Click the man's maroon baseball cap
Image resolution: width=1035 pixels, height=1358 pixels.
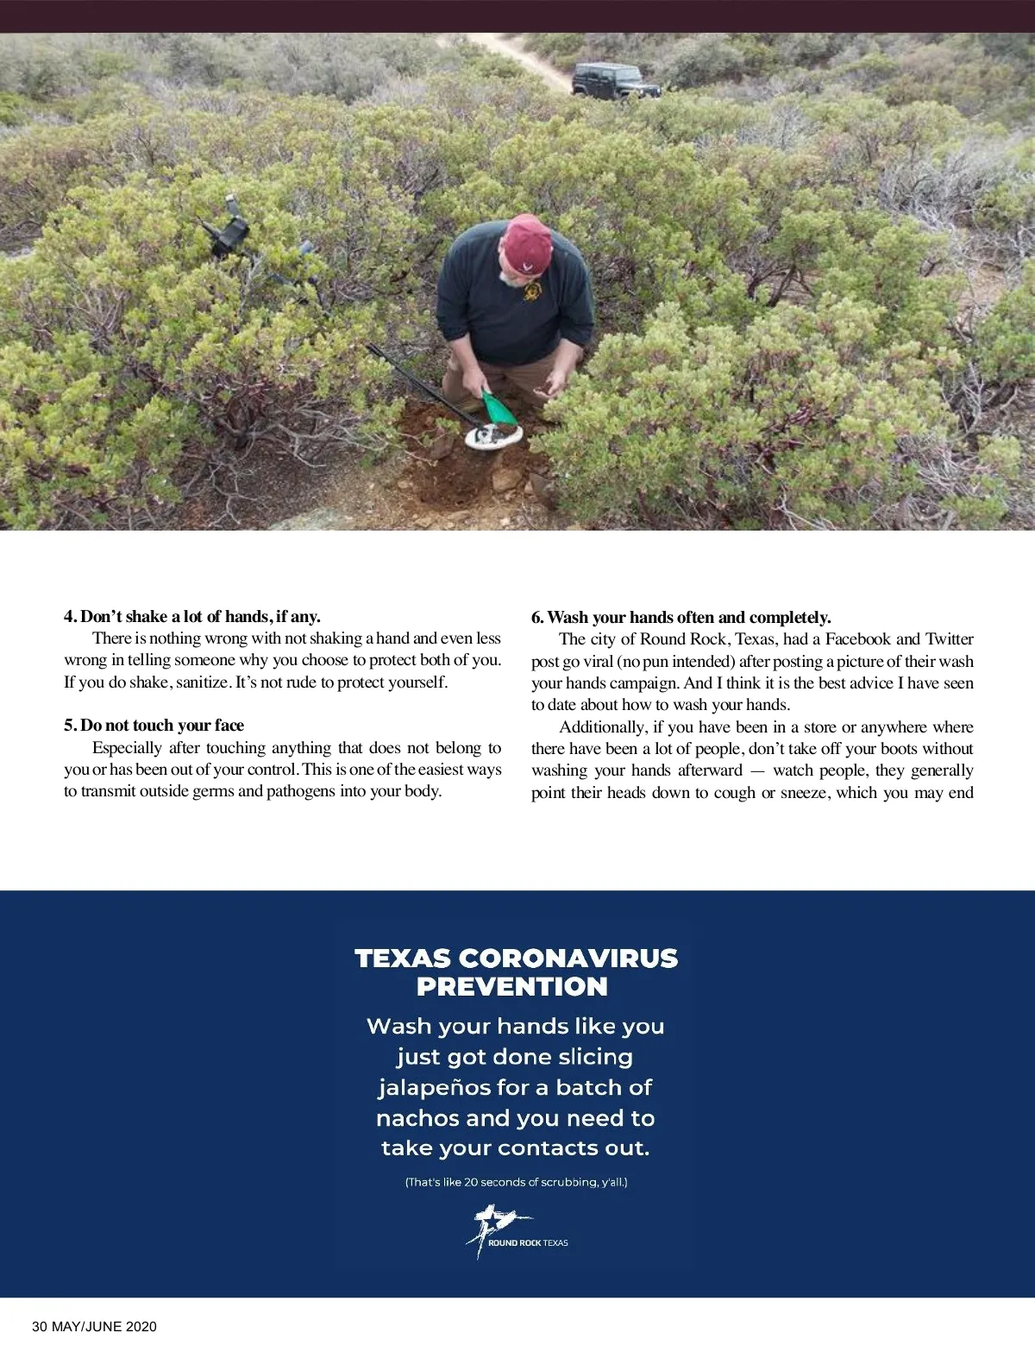(527, 243)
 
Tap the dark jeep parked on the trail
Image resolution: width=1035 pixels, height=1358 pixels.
(616, 80)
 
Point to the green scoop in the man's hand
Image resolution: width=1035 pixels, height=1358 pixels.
(498, 408)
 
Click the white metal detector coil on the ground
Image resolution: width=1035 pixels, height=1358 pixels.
(493, 436)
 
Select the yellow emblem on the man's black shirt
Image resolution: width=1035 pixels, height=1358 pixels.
(532, 292)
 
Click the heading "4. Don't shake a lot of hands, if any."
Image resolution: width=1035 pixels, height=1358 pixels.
(191, 616)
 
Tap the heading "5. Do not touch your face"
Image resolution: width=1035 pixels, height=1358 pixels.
(154, 725)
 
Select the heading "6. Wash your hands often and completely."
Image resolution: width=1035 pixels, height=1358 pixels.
(681, 617)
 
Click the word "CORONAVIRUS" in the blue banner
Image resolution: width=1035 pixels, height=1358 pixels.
(568, 959)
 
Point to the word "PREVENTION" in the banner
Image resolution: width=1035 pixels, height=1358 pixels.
(512, 987)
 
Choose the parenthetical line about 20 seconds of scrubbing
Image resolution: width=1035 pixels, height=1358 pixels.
(516, 1182)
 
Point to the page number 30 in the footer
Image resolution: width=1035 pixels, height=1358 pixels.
(40, 1327)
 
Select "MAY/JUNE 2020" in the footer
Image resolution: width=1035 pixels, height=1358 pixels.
(104, 1327)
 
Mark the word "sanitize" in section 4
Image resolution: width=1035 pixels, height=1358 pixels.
(202, 682)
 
